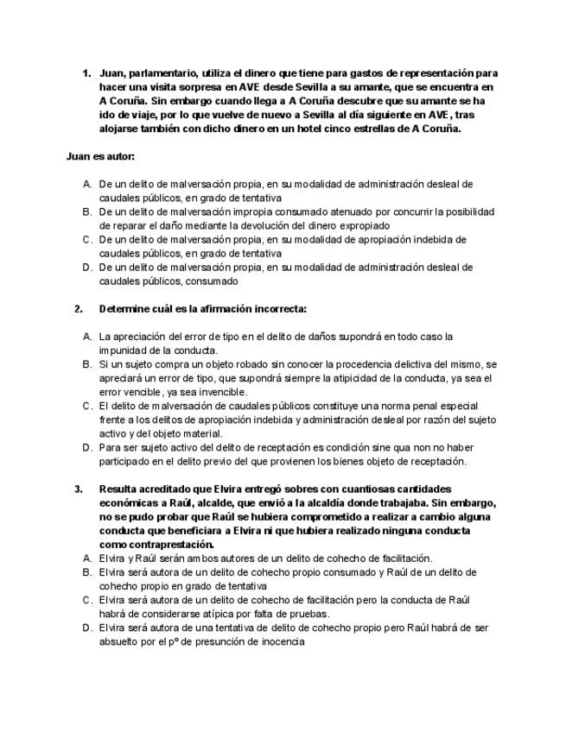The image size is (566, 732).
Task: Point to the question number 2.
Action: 79,308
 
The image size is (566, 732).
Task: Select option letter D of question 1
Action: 87,268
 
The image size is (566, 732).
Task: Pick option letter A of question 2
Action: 87,336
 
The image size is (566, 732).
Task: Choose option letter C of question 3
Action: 87,599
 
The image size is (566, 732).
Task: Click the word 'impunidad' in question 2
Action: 124,350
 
